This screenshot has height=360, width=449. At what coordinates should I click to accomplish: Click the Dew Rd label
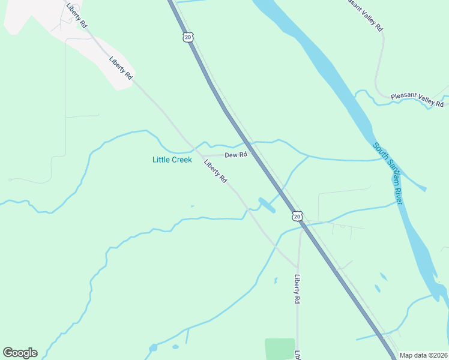236,155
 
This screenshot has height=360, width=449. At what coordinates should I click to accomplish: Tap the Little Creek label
172,160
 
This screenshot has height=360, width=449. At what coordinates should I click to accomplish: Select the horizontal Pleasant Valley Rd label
417,100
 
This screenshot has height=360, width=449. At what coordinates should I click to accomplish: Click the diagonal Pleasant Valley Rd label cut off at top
366,15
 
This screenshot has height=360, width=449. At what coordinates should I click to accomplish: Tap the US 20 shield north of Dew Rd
188,37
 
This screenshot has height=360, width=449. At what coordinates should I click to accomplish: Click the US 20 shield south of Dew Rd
297,215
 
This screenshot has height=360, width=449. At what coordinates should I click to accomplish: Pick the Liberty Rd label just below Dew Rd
215,172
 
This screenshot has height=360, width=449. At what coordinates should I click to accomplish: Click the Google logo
20,353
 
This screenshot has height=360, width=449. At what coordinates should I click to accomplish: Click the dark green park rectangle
279,349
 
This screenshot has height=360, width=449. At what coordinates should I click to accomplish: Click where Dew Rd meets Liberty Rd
199,155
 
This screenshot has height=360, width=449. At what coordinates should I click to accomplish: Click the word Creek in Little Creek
181,160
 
